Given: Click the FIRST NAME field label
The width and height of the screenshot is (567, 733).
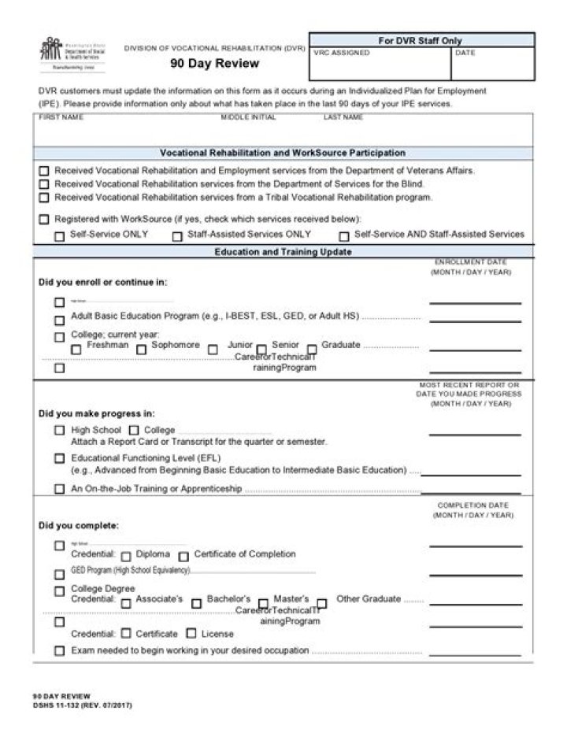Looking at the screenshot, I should pos(61,117).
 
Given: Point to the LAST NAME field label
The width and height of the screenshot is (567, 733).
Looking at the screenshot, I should pos(343,117).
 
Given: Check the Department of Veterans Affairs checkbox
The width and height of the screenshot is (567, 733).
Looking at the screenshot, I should pos(44,171).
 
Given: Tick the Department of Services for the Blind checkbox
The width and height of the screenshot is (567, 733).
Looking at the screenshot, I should pos(44,184).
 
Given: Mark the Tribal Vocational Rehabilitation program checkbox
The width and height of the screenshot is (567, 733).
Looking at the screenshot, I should pos(44,198).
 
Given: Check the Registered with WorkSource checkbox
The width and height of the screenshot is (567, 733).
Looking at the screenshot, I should pos(44,220).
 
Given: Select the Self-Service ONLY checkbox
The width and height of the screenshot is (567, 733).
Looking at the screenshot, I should pos(59,235).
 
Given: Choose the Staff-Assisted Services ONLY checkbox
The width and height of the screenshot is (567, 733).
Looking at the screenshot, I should pos(177,235).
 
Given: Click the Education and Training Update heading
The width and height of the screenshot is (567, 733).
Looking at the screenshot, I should pos(283,252).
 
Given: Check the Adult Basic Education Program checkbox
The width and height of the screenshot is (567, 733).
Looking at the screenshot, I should pos(59,320).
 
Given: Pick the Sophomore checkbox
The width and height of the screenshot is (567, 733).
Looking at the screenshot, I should pos(141,349).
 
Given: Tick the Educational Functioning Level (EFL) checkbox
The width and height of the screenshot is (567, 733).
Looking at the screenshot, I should pos(59,458).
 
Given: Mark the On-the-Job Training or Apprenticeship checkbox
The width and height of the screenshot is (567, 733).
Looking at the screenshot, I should pos(59,489).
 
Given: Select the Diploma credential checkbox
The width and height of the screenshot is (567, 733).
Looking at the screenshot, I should pos(126,556).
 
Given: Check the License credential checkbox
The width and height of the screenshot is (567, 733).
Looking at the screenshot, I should pos(191,633).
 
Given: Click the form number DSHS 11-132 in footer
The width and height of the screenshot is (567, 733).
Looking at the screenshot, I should pos(82,705).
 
